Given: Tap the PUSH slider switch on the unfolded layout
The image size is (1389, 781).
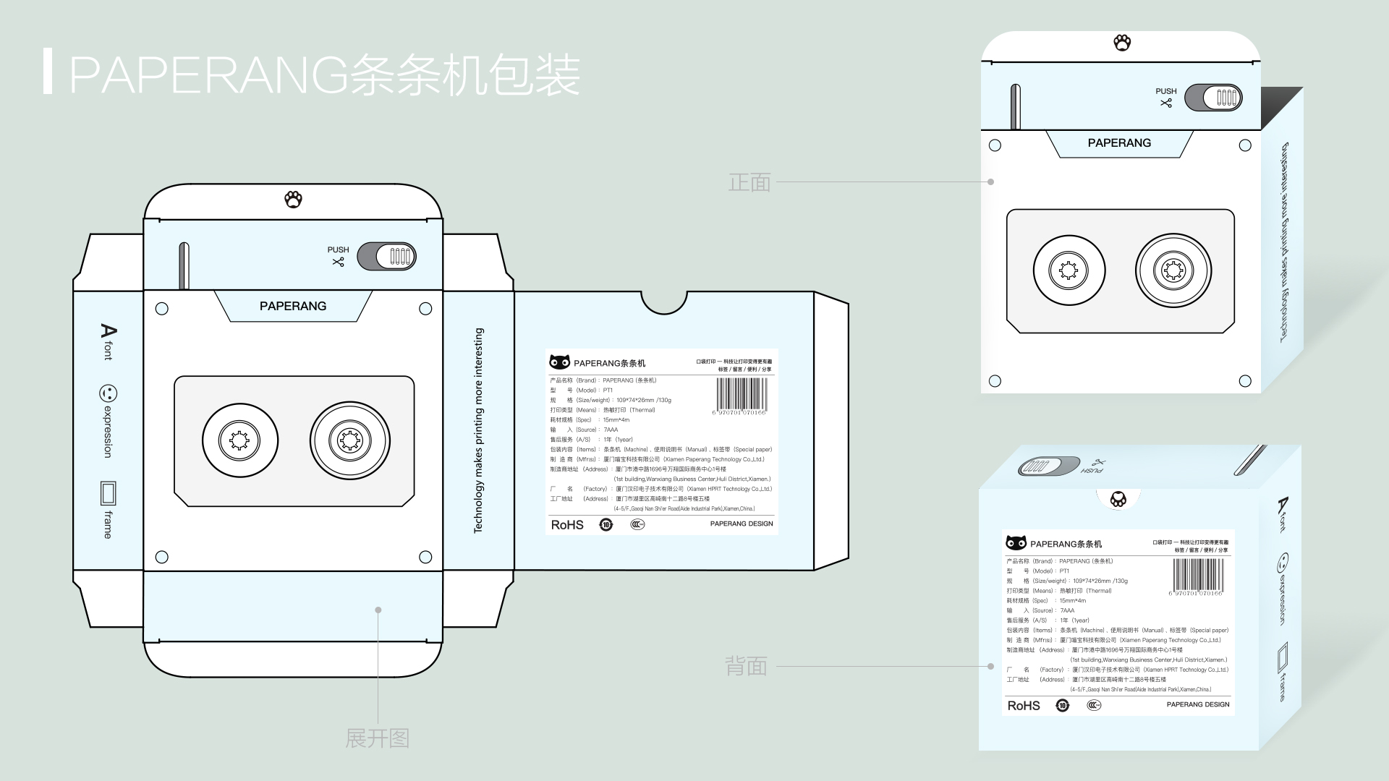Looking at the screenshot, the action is [386, 256].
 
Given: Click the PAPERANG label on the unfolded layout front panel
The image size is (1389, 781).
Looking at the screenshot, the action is [293, 306].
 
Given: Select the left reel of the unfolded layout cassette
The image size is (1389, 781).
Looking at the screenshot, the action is [239, 440].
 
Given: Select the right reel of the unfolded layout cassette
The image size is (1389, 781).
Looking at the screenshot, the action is [350, 440].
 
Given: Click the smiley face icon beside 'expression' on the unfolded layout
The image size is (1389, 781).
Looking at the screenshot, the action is [108, 393].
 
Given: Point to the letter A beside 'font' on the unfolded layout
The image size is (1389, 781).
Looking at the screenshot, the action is [108, 332].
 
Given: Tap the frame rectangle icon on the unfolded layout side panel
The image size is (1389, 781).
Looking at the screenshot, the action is [108, 493].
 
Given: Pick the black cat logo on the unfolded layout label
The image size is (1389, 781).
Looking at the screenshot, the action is [559, 362].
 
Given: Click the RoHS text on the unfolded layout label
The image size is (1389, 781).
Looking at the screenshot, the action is [567, 525].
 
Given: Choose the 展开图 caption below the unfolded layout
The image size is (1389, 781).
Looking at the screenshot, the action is [377, 738].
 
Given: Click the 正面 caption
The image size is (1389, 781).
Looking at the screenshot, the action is [749, 182].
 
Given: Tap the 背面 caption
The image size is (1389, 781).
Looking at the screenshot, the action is [746, 666].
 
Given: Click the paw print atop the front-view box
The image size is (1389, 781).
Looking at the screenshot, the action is [1122, 43].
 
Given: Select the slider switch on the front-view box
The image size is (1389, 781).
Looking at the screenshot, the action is [1213, 98].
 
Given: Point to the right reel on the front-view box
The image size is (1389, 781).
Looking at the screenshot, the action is [1173, 270].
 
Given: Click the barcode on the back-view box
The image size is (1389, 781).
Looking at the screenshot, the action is [1198, 576].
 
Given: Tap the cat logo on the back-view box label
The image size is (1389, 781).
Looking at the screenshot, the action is [1016, 542].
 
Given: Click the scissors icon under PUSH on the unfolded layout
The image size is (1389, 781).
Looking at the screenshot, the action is [338, 262].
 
